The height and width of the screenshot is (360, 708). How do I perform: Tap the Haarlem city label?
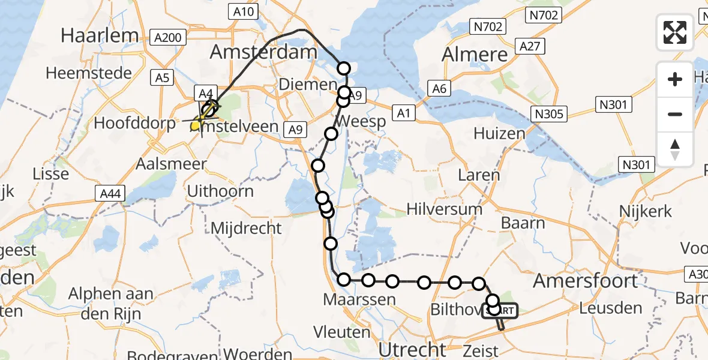(100, 35)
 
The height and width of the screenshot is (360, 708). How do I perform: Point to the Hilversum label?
(444, 209)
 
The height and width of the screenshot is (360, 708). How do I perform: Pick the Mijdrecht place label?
(246, 228)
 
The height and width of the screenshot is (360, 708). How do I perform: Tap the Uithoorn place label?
(220, 191)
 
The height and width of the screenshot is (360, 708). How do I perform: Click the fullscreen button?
(675, 32)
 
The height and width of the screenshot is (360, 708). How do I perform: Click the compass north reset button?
(675, 149)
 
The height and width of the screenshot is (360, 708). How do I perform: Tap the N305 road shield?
(549, 114)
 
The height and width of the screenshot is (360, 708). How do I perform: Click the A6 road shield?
(439, 89)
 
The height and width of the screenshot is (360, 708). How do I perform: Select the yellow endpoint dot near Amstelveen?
(195, 125)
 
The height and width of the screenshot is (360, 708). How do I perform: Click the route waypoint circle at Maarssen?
(344, 279)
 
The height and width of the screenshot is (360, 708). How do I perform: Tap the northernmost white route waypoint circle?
(344, 68)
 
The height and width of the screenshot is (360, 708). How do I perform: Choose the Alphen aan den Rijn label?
(111, 304)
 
